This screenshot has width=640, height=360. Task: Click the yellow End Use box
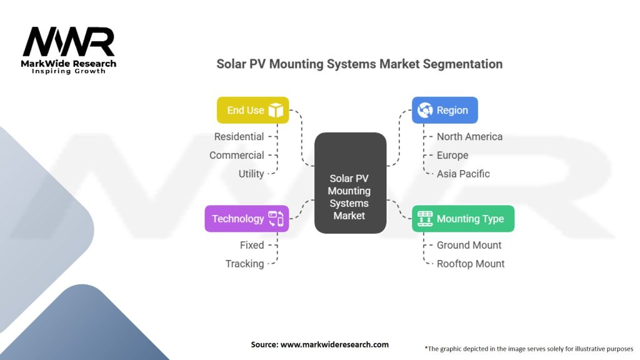coord(252,110)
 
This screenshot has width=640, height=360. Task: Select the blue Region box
coord(444,110)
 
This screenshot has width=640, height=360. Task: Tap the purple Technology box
coord(246,219)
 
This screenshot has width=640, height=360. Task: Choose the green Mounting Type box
coord(462,219)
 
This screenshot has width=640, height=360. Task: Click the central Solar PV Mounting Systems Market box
coord(350,183)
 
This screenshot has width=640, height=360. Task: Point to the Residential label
coord(239,136)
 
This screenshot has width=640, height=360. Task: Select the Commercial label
coord(236,155)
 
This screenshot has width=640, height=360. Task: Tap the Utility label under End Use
coord(251,174)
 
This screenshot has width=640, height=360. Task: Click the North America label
coord(469,136)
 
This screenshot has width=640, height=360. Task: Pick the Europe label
coord(452,155)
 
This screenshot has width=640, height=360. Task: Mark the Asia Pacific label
coord(463,174)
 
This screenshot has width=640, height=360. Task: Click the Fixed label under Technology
coord(252,245)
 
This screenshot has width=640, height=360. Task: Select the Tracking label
coord(244,264)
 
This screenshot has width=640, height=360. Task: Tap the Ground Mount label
coord(469,245)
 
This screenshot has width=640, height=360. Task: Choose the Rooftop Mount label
coord(471,264)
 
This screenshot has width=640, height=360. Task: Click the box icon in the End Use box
coord(276,111)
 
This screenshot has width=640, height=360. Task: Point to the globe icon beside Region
coord(425,111)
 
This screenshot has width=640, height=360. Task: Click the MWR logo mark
coord(69,42)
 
